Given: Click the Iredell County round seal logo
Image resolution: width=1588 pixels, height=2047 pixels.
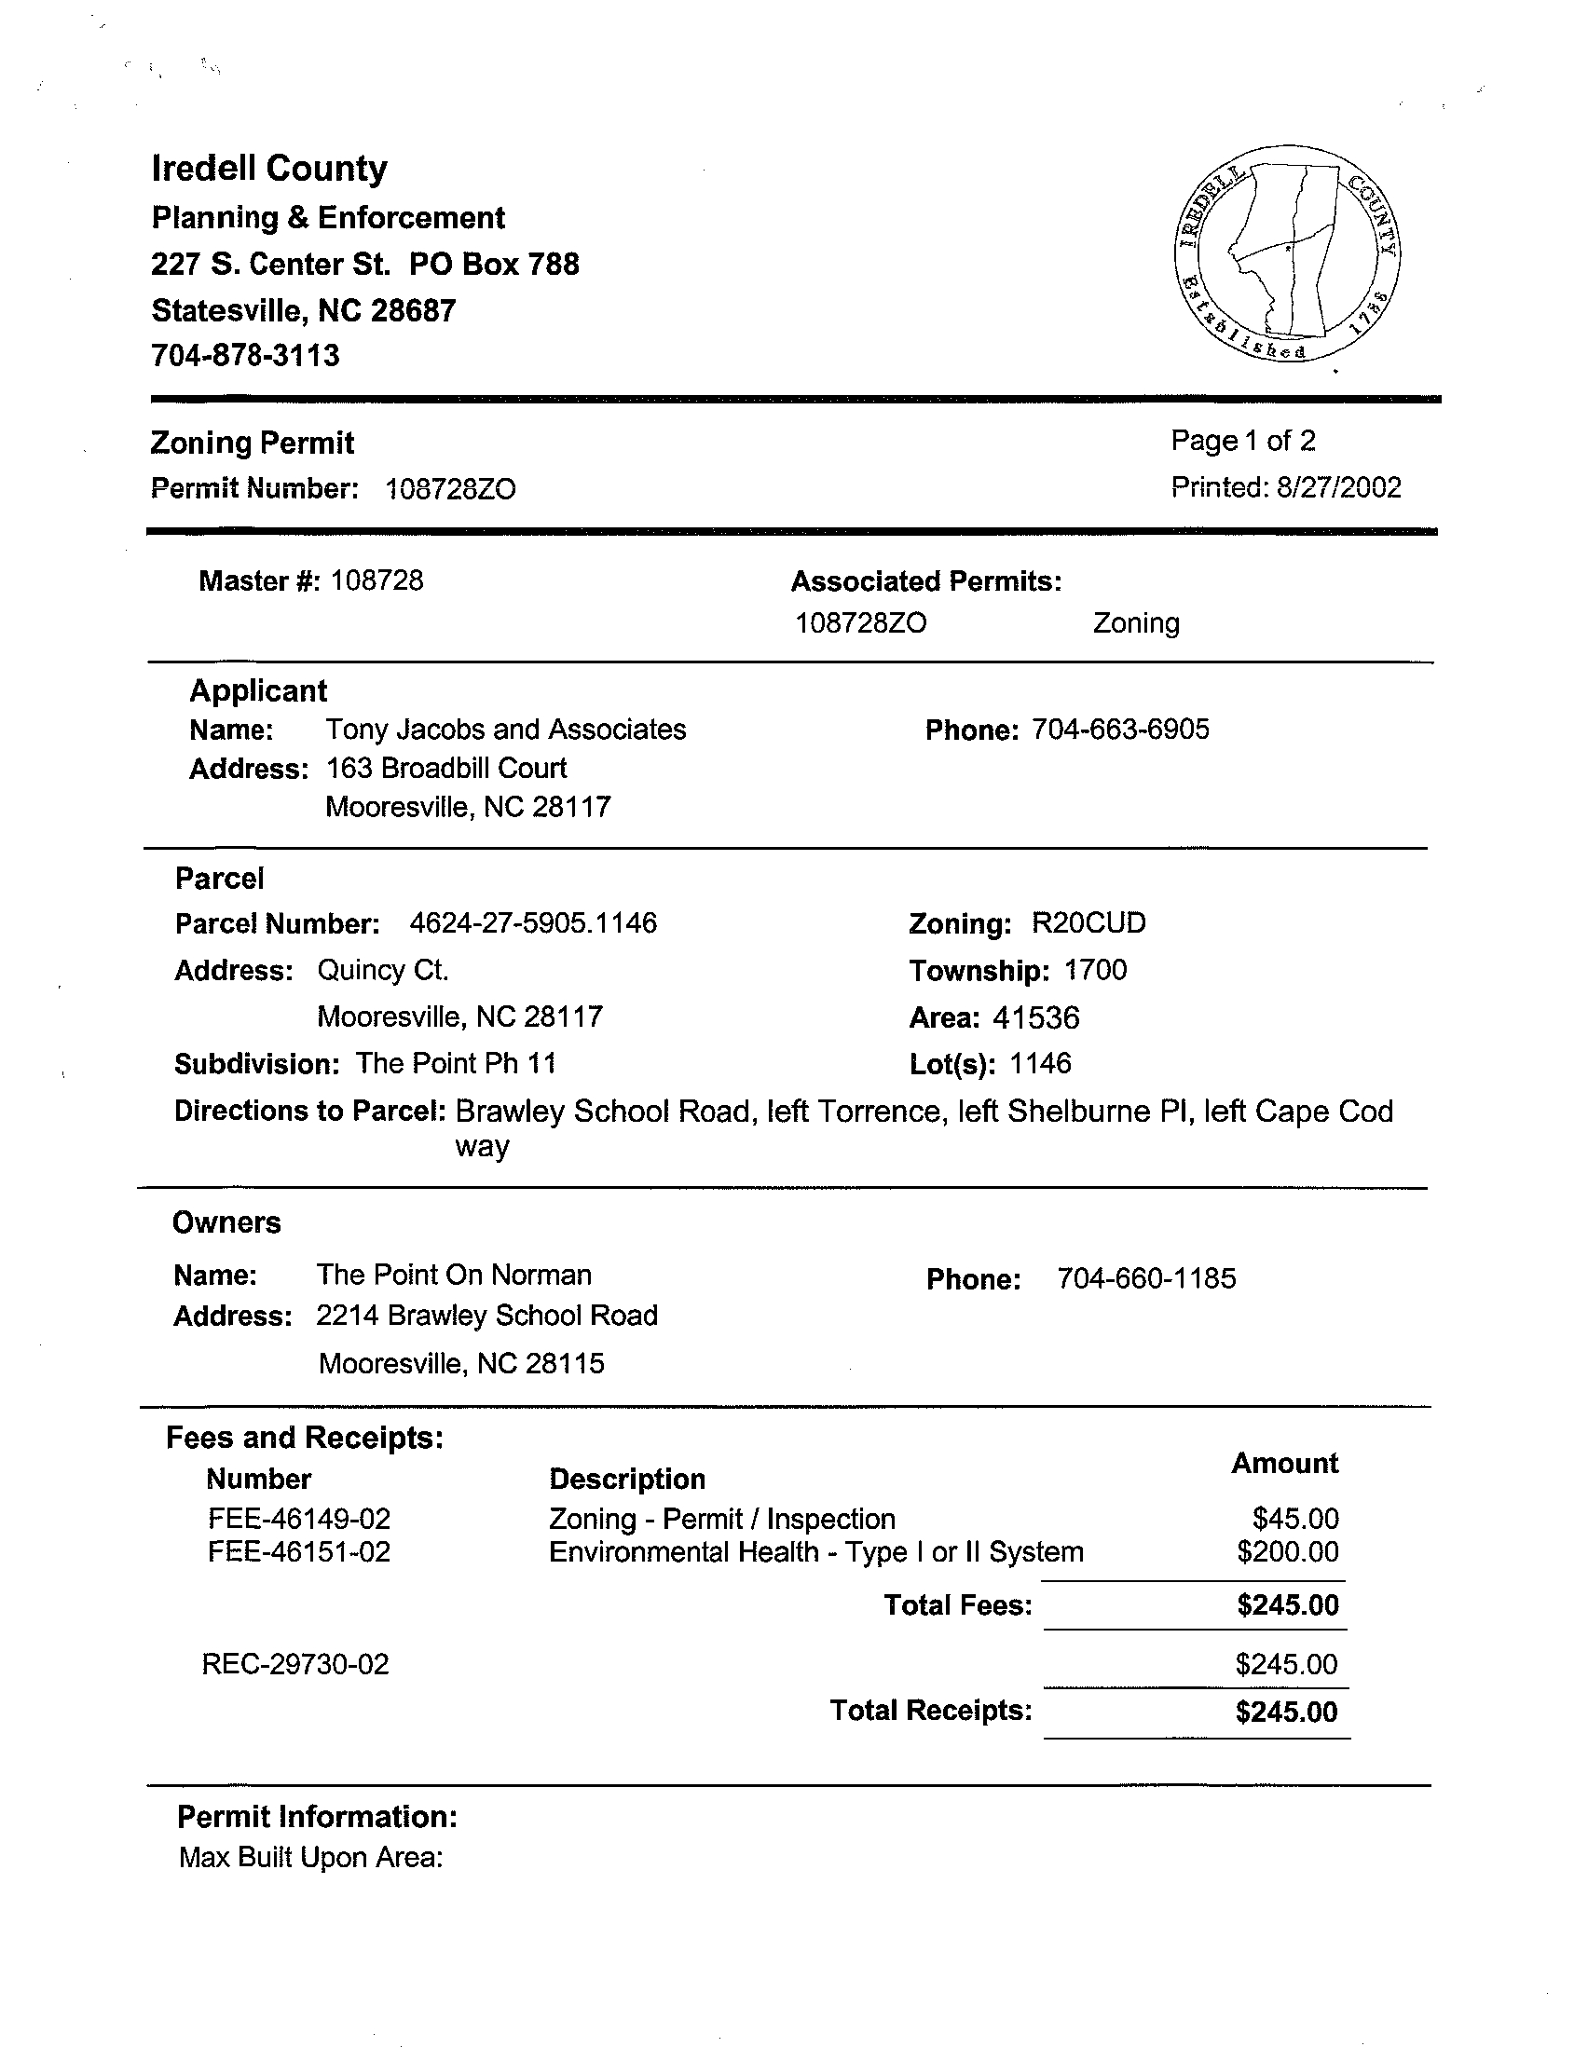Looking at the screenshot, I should pos(1286,254).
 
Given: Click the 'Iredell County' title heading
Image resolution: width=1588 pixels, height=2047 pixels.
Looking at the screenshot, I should pos(269,169).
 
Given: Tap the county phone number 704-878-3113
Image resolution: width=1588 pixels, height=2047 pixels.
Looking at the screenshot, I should pos(246,356).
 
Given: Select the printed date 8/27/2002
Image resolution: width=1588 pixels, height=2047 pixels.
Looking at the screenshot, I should pos(1337,487).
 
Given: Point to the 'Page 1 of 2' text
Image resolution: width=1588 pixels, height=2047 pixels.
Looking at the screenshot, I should pos(1243,441).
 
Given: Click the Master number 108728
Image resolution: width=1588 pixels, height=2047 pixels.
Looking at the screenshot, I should pos(376,581).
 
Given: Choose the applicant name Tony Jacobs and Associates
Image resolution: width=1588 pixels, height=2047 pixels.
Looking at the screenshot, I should pos(505,730).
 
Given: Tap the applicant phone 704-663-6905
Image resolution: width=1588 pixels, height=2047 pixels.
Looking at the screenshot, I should pos(1120,730).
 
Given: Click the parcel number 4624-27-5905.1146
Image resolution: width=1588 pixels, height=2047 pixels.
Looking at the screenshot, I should pos(533,923).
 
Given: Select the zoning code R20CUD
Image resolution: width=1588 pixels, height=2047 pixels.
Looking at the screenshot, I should pos(1088,923).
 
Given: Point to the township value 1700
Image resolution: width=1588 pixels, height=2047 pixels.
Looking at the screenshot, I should pos(1095,970).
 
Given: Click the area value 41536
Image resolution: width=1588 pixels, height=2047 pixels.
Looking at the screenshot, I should pos(1036,1017).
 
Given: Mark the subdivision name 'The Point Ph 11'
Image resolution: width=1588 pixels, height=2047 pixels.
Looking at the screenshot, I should pos(456,1064).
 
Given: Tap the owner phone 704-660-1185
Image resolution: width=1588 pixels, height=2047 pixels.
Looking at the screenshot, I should pos(1145,1278).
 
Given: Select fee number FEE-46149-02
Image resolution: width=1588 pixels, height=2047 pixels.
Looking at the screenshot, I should pos(298,1519).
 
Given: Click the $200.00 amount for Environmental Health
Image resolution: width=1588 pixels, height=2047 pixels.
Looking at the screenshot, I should pos(1287,1552).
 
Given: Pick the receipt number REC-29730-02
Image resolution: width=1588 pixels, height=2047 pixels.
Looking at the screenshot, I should pos(295,1665).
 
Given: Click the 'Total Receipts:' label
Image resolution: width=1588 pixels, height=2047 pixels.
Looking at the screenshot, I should pos(931,1711).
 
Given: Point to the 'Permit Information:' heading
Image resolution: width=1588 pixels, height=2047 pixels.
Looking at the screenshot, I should pos(317,1818).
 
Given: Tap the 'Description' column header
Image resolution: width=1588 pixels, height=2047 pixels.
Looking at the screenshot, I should pos(627,1479).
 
